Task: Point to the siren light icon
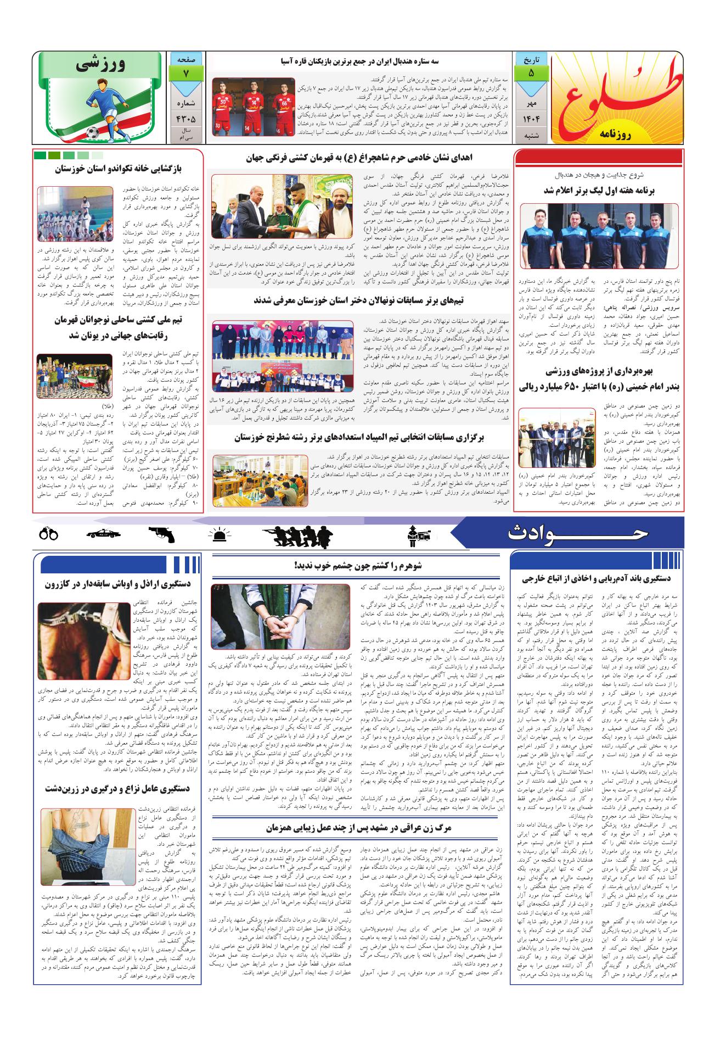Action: (220, 534)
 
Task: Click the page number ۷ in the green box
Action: (187, 74)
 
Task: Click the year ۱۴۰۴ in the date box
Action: (530, 118)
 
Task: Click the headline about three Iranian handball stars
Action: (358, 62)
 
